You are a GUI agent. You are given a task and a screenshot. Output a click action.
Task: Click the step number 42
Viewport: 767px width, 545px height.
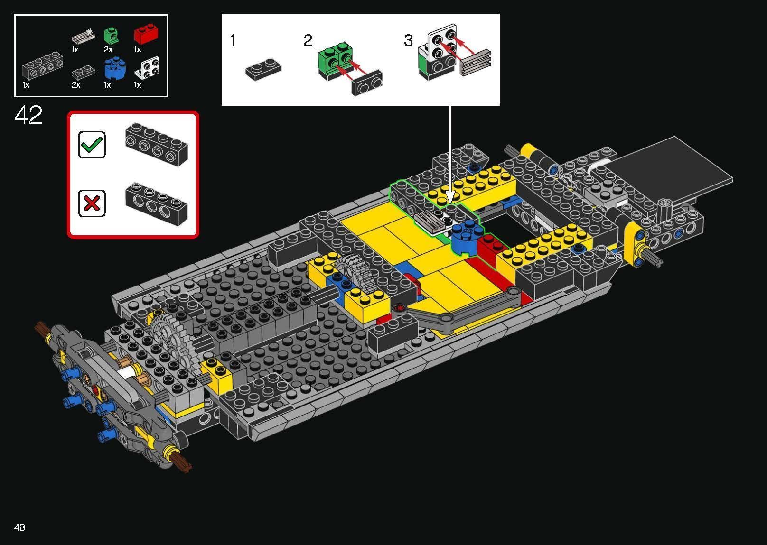coord(28,115)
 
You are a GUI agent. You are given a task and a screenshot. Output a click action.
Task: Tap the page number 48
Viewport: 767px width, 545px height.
coord(19,527)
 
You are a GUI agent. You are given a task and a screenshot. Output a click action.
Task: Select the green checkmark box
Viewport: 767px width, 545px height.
coord(92,144)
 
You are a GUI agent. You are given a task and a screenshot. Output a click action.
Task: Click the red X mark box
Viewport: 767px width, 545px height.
coord(92,203)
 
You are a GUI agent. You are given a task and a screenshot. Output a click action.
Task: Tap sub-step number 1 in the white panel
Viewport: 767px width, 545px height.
coord(233,41)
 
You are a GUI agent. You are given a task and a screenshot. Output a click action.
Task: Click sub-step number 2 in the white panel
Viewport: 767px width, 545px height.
coord(308,41)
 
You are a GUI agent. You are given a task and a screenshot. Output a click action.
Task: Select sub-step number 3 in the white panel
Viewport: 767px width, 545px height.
coord(408,41)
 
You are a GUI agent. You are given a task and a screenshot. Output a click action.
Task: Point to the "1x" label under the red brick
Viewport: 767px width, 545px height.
coord(138,49)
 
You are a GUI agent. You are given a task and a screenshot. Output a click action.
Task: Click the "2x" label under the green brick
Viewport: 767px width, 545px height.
coord(108,49)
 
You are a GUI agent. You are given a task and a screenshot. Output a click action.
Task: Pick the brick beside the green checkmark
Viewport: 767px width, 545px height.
coord(157,144)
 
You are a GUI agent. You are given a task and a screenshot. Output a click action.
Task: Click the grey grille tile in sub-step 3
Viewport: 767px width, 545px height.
coord(475,62)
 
